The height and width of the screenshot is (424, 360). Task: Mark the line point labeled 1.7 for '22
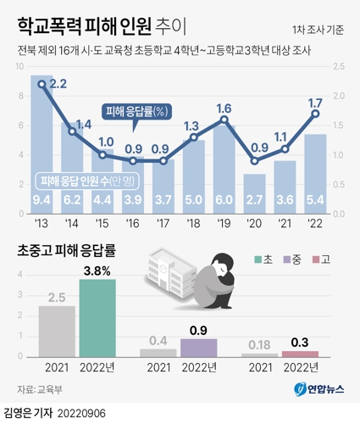pos(315,113)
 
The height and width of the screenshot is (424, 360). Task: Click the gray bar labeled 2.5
pos(57,331)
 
